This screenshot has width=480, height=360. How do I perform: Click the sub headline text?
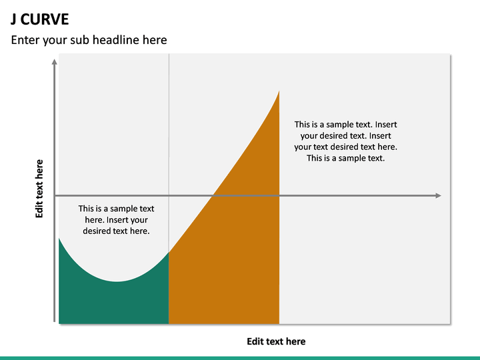click(x=89, y=40)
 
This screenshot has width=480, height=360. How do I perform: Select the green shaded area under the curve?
click(x=113, y=303)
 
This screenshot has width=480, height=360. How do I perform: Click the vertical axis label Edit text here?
click(x=39, y=189)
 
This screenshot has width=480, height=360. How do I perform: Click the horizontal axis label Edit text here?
click(x=276, y=341)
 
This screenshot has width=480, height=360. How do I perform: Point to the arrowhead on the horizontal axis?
click(x=438, y=195)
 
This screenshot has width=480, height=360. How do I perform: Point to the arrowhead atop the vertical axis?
click(x=55, y=61)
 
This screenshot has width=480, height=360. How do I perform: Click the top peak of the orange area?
click(x=279, y=91)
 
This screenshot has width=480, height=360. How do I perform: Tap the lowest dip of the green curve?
click(x=117, y=281)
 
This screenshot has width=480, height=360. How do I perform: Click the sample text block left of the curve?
click(x=116, y=219)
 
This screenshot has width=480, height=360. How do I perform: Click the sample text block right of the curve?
click(x=345, y=141)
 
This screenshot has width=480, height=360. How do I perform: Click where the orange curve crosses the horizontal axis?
click(x=213, y=195)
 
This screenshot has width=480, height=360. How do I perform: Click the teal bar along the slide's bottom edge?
click(x=240, y=357)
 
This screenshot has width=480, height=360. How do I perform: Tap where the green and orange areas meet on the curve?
click(x=169, y=252)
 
